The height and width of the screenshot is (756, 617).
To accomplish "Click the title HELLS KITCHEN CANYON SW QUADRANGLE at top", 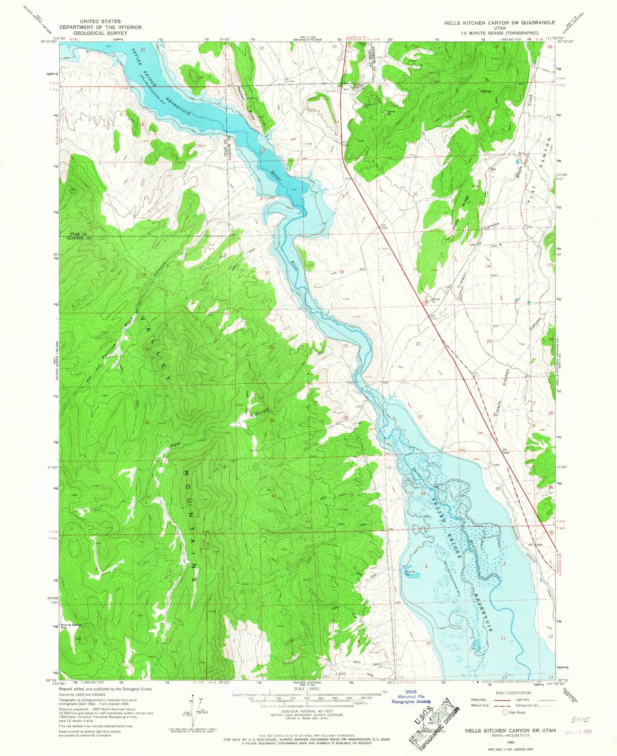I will coord(499,23).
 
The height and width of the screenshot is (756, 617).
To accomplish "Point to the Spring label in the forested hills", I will coord(486,91).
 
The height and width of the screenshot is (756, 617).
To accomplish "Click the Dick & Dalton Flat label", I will coord(71,627).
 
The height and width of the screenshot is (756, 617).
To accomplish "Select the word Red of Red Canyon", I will coord(175,444).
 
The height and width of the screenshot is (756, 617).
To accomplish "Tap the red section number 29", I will coord(272,420).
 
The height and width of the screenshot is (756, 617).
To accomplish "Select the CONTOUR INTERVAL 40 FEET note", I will coord(307,723).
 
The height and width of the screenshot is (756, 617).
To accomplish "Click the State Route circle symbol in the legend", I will coord(504,712).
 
